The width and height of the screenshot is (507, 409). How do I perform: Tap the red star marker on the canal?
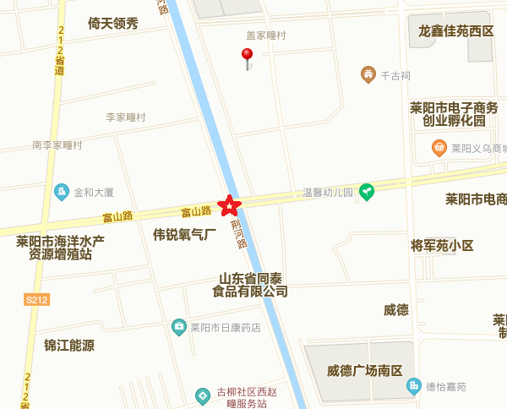tap(229, 205)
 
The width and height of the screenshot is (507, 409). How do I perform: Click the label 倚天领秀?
tap(112, 24)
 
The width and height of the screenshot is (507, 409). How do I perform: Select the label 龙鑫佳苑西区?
tap(455, 31)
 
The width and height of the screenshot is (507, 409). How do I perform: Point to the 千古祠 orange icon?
tap(368, 75)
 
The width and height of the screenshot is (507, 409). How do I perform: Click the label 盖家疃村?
tap(266, 35)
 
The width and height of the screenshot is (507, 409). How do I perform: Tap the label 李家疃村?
tap(126, 117)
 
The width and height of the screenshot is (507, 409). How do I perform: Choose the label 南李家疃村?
tap(57, 145)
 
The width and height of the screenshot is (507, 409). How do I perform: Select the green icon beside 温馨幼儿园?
tap(367, 192)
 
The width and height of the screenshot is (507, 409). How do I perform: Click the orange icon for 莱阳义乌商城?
tap(439, 148)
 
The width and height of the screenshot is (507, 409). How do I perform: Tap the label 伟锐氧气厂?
tap(185, 234)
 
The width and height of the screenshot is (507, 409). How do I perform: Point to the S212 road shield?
tap(37, 299)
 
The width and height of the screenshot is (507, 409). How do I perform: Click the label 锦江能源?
tap(69, 345)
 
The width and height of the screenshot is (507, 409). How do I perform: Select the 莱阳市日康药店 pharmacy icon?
tap(178, 326)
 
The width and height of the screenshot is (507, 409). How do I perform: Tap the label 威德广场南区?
tap(365, 371)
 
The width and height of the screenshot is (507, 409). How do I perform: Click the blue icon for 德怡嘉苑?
tap(413, 387)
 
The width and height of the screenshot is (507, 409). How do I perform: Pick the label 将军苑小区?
tap(442, 246)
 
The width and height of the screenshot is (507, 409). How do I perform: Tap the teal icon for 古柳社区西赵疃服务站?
tap(202, 395)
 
